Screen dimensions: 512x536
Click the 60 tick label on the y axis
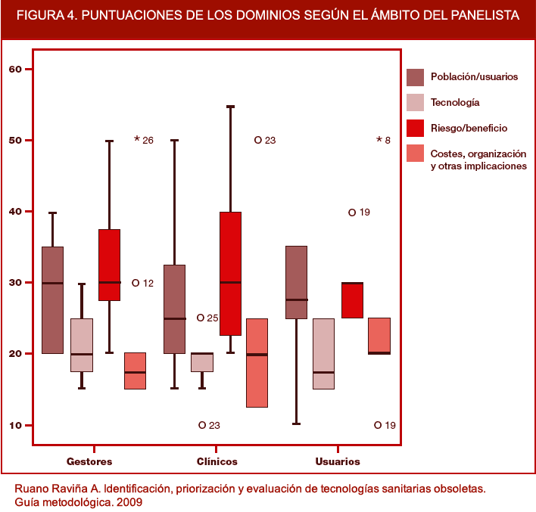[x=15, y=70]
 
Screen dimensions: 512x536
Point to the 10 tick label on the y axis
[x=15, y=425]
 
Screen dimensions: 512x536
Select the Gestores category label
[x=89, y=461]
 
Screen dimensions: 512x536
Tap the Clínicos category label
[x=217, y=461]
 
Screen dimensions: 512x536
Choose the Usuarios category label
[x=337, y=461]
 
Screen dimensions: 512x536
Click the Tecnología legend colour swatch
[x=415, y=102]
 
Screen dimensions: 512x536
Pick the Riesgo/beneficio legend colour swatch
[x=415, y=128]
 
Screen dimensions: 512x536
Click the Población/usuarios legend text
[x=474, y=76]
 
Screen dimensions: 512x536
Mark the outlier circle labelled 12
[x=136, y=283]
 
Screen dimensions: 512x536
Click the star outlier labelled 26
[x=137, y=140]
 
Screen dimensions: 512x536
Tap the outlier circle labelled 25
[x=201, y=318]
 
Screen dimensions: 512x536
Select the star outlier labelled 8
[x=379, y=140]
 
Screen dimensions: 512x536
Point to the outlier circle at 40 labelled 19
[x=352, y=213]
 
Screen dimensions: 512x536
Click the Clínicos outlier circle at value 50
[x=258, y=140]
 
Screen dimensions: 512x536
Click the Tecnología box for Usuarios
[x=323, y=354]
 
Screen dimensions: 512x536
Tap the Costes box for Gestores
[x=135, y=371]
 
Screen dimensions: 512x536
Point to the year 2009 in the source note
[x=127, y=501]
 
